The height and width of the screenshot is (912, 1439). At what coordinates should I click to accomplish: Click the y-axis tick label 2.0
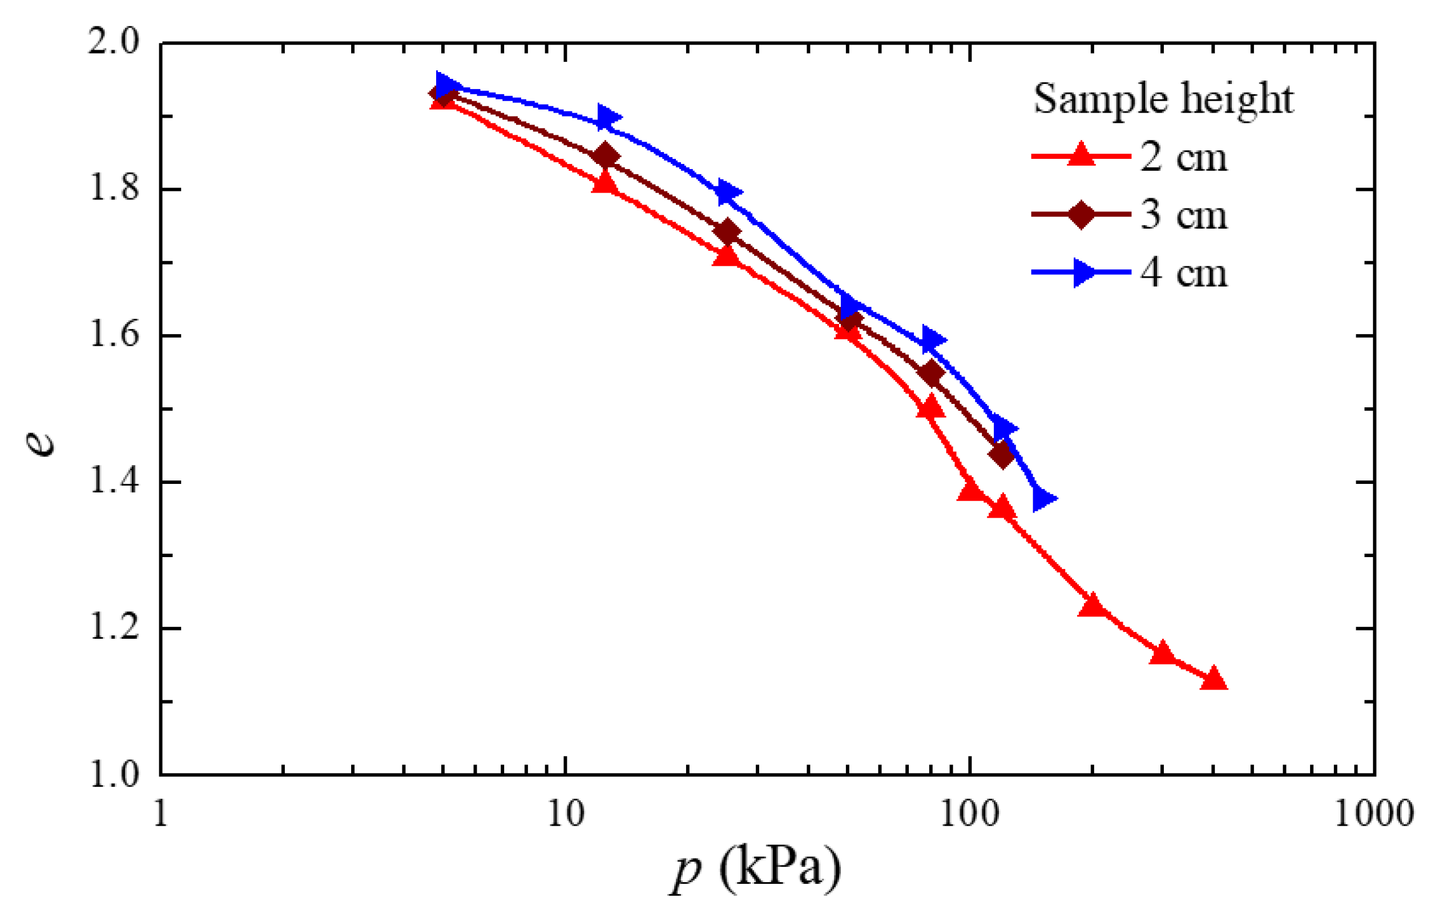click(x=114, y=43)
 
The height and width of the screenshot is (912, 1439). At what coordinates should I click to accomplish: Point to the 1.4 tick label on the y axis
click(x=114, y=482)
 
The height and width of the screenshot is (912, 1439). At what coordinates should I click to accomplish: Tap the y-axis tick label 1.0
click(x=114, y=775)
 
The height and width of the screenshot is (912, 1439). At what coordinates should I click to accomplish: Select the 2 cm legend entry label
click(x=1184, y=157)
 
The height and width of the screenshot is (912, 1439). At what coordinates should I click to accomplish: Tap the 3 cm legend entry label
click(x=1184, y=215)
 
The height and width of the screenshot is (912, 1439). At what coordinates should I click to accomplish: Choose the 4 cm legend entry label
click(x=1184, y=273)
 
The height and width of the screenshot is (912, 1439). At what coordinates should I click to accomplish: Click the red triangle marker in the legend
click(x=1081, y=154)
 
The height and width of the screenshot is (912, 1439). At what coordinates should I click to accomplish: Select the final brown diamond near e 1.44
click(x=1002, y=456)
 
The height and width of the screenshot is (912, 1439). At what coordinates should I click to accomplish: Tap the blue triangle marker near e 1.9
click(x=607, y=118)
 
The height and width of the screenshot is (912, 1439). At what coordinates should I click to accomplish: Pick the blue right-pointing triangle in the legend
click(x=1083, y=273)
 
